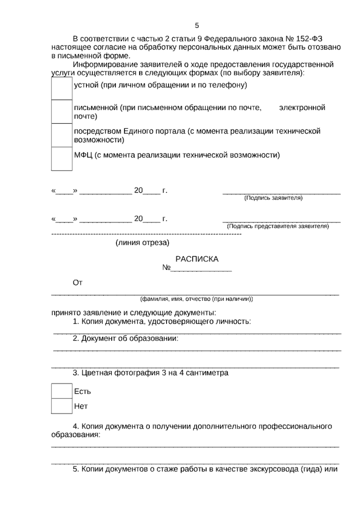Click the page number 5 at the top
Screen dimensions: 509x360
(x=197, y=26)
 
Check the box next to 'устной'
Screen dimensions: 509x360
(x=62, y=88)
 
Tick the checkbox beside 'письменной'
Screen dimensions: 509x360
(x=62, y=112)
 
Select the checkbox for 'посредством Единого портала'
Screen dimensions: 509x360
(x=62, y=135)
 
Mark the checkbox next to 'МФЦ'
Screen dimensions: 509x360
(x=62, y=158)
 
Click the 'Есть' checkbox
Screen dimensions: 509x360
(x=62, y=391)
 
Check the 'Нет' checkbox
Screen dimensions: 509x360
(x=62, y=406)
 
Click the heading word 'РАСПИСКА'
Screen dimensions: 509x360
(x=197, y=259)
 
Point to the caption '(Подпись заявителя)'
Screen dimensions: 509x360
(x=273, y=198)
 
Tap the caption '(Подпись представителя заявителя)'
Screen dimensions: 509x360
(x=278, y=226)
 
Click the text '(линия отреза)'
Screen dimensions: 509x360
(x=142, y=243)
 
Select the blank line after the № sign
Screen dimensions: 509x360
(x=201, y=269)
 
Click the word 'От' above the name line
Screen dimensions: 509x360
(x=77, y=283)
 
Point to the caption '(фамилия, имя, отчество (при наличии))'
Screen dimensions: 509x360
(x=196, y=299)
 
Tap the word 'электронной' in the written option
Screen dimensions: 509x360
(x=302, y=107)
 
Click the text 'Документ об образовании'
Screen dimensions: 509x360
(x=129, y=339)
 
